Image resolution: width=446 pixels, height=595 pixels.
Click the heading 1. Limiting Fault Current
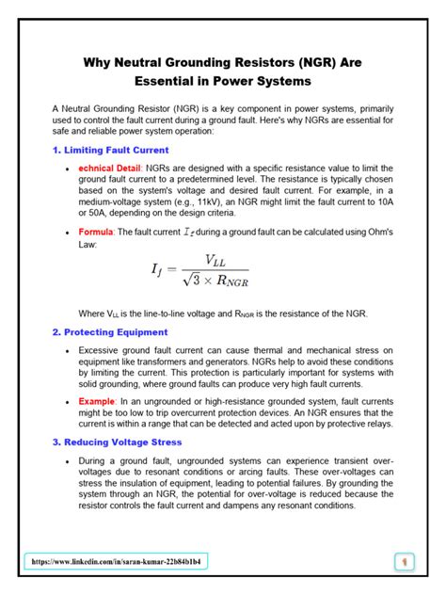point(110,150)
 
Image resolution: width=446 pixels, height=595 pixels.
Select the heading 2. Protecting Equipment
point(110,332)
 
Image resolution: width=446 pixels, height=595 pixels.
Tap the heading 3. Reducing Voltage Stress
point(118,442)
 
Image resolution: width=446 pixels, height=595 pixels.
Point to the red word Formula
point(98,231)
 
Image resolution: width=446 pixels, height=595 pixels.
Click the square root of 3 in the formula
point(189,281)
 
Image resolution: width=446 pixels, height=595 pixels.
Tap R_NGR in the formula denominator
point(233,281)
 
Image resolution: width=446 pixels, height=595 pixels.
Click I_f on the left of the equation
point(157,271)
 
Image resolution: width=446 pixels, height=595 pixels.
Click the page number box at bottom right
point(405,562)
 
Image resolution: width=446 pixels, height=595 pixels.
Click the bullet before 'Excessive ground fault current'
point(67,350)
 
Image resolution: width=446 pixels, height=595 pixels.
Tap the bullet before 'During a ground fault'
point(67,461)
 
